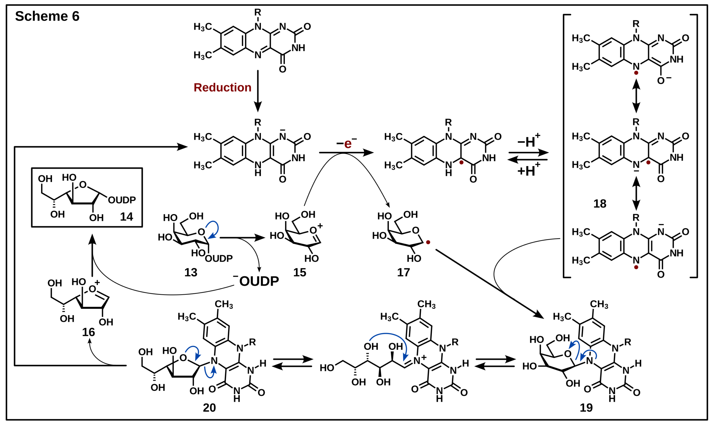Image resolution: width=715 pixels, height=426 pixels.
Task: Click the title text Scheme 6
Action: tap(47, 16)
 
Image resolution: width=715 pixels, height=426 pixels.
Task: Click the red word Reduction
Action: tap(223, 88)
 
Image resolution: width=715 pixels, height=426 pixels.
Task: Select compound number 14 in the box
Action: tap(126, 217)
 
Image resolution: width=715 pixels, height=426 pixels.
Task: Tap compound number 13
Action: tap(191, 272)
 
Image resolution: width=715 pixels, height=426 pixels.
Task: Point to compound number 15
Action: tap(299, 272)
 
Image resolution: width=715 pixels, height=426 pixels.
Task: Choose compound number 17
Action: tap(403, 272)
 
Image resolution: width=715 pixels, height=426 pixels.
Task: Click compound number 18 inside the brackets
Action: tap(600, 204)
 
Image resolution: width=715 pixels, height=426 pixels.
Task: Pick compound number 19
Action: tap(586, 408)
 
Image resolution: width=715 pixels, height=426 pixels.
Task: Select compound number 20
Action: tap(209, 408)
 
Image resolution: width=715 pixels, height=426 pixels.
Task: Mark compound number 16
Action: tap(89, 332)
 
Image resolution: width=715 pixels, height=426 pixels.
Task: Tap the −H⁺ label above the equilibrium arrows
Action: tap(529, 141)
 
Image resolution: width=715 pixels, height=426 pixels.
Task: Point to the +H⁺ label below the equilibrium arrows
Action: tap(529, 171)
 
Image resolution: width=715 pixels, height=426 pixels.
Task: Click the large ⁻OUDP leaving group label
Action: tap(256, 281)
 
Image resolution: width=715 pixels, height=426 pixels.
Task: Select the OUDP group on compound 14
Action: tap(122, 200)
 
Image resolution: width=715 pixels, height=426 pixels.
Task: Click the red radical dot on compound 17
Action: tap(428, 243)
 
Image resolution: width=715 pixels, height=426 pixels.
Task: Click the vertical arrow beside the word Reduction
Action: tap(258, 90)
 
